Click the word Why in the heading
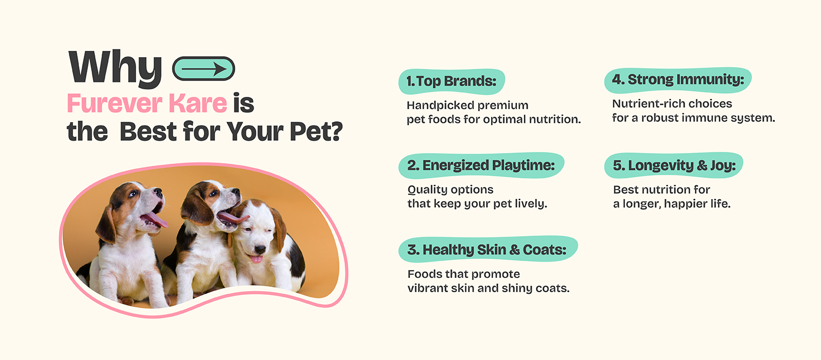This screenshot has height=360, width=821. [115, 68]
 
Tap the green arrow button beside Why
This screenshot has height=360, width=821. [203, 68]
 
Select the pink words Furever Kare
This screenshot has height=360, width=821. [147, 103]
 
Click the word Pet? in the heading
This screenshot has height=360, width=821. [316, 131]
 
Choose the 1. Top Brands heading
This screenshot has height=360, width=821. [451, 82]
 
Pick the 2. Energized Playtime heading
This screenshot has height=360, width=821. [481, 166]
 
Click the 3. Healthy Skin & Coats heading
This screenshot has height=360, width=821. [488, 249]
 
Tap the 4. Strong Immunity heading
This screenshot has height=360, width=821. [678, 80]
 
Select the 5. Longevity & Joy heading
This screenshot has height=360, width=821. [674, 166]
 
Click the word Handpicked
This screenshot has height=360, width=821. [431, 105]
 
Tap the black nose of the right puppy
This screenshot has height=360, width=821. [260, 250]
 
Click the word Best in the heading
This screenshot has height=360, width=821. [148, 131]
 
